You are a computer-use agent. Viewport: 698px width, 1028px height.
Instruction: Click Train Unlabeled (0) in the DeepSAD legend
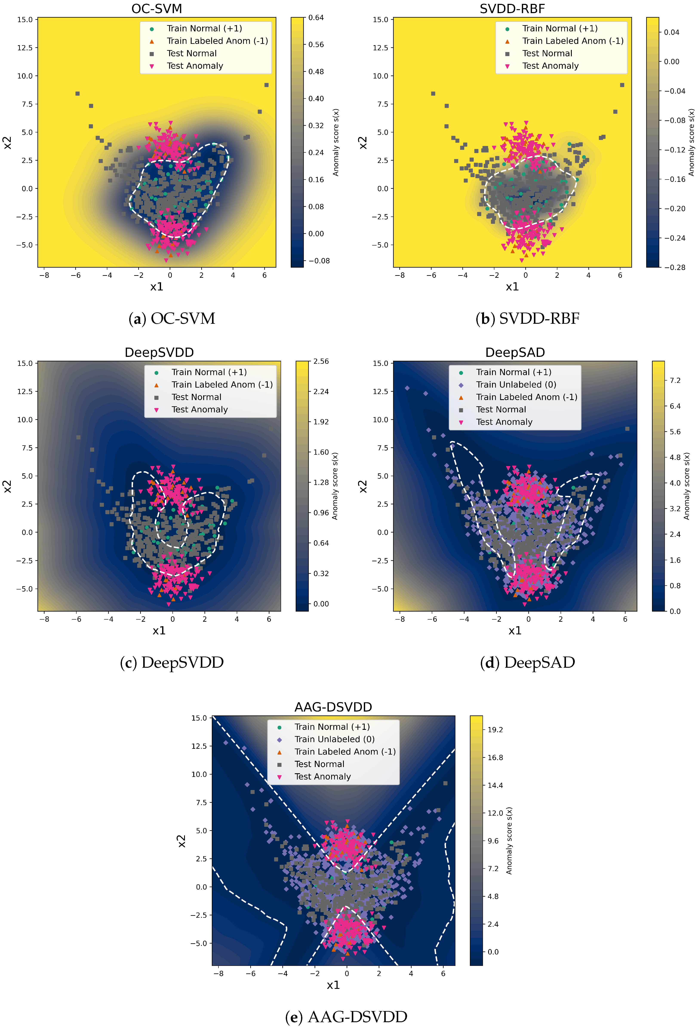point(516,384)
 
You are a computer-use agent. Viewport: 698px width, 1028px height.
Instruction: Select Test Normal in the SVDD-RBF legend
point(547,54)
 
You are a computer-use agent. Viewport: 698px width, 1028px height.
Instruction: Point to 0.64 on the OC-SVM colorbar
point(316,18)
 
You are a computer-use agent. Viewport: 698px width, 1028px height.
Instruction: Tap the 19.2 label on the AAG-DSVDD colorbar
point(495,729)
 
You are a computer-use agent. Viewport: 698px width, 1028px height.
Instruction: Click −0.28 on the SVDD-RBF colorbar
point(674,267)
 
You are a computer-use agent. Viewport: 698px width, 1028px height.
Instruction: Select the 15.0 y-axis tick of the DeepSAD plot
point(380,363)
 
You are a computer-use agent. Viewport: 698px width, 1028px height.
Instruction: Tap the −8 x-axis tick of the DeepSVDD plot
point(44,619)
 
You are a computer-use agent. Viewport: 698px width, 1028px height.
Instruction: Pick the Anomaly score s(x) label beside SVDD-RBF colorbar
point(691,142)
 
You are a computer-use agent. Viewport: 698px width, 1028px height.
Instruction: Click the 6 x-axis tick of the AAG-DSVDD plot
point(443,973)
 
